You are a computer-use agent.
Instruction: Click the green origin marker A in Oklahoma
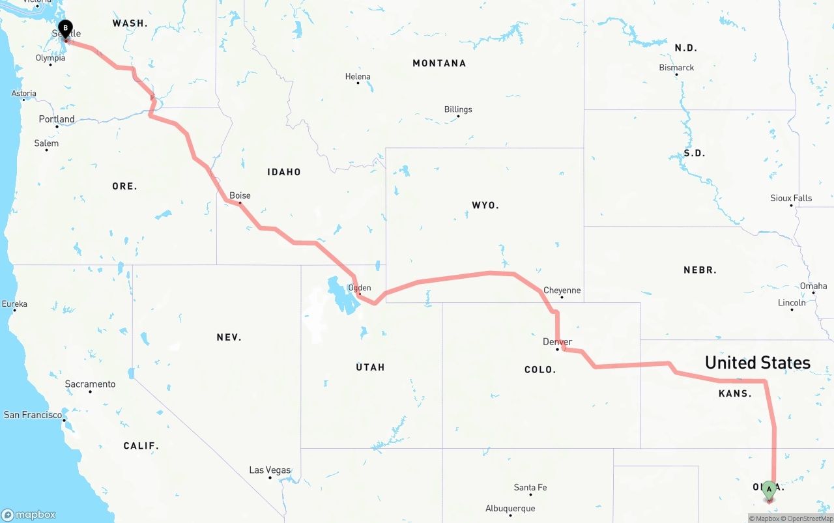tap(769, 489)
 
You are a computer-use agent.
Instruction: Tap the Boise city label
tap(240, 195)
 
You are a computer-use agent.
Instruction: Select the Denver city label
tap(557, 342)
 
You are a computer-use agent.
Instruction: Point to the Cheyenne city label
tap(562, 290)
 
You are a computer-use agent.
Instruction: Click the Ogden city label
tap(360, 287)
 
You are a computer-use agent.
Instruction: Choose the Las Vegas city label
tap(270, 470)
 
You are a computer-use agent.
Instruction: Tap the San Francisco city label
tap(33, 415)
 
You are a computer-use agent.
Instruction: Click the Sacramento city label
tap(90, 384)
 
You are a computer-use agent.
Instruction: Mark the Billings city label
tap(458, 109)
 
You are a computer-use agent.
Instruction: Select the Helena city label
tap(358, 77)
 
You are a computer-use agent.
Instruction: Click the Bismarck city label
tap(676, 68)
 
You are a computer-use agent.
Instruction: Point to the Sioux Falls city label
tap(791, 198)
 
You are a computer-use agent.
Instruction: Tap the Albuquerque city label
tap(510, 509)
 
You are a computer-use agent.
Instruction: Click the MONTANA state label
tap(439, 63)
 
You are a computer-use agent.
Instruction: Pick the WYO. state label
tap(485, 205)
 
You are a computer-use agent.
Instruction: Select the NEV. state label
tap(229, 337)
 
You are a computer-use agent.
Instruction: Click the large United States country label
tap(757, 363)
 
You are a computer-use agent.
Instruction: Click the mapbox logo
tap(29, 515)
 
